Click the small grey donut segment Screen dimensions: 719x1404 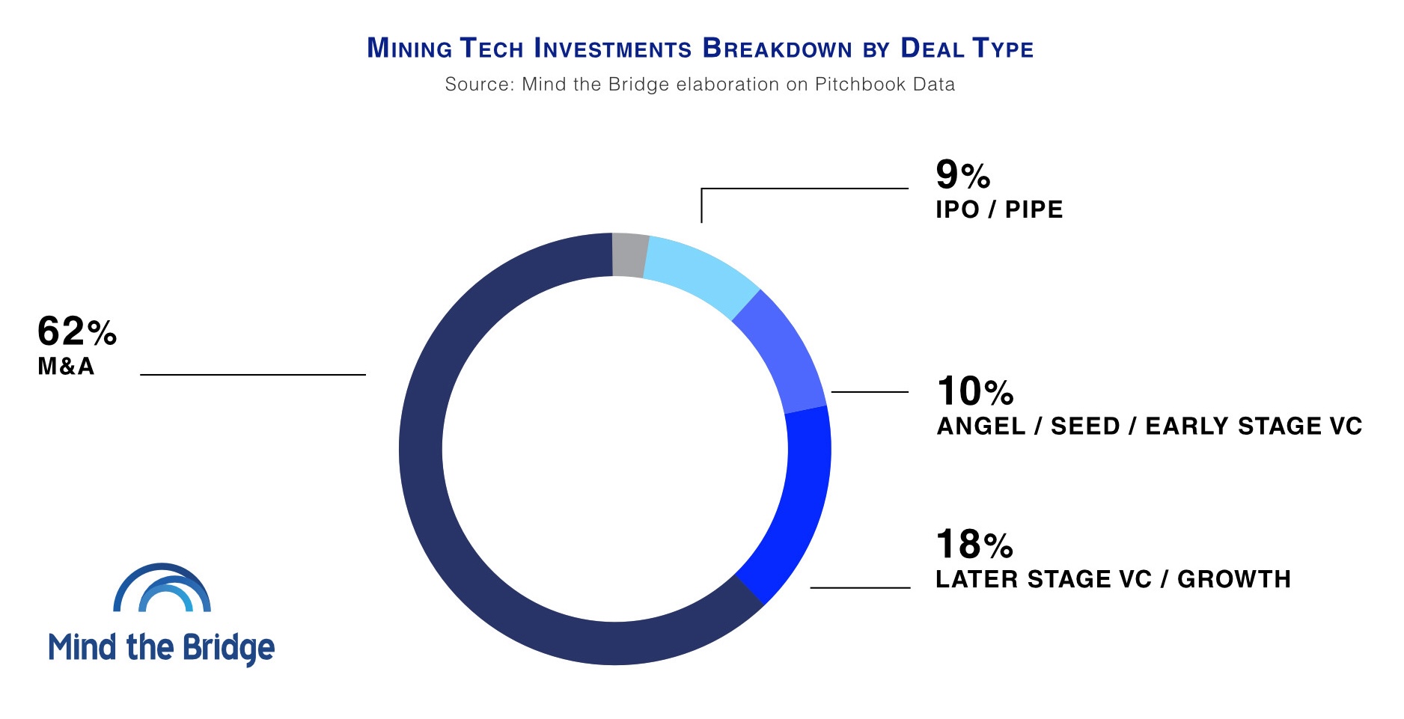click(x=629, y=255)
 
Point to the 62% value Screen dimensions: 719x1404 click(x=76, y=331)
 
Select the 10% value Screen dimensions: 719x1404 click(x=975, y=391)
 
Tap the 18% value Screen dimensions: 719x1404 click(x=974, y=544)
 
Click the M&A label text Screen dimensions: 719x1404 click(x=66, y=366)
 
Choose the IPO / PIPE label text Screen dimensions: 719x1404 click(x=999, y=209)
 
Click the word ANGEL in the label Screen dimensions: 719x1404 click(x=981, y=426)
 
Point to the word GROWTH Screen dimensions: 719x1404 click(x=1234, y=579)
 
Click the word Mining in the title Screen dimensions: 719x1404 click(x=409, y=49)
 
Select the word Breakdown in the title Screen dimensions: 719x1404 click(x=777, y=49)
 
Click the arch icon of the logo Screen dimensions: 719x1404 click(x=162, y=589)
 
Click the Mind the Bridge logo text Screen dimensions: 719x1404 click(x=162, y=647)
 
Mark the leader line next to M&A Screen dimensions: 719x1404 click(x=253, y=374)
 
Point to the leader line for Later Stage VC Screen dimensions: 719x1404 click(x=860, y=588)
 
